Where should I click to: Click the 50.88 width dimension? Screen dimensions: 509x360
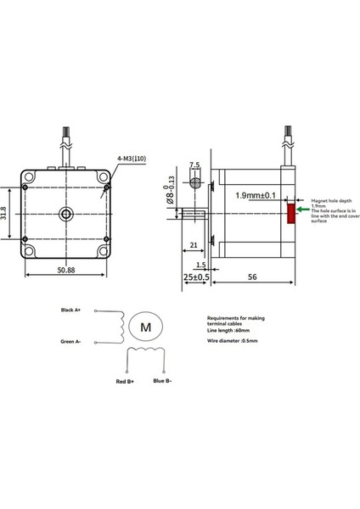coord(67,271)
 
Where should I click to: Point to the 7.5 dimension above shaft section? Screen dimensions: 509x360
coord(194,165)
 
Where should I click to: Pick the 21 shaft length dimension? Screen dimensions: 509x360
coord(194,245)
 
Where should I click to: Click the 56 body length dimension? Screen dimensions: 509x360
coord(252,277)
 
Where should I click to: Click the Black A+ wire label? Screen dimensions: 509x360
coord(70,310)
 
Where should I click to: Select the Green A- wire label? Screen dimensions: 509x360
coord(70,343)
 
